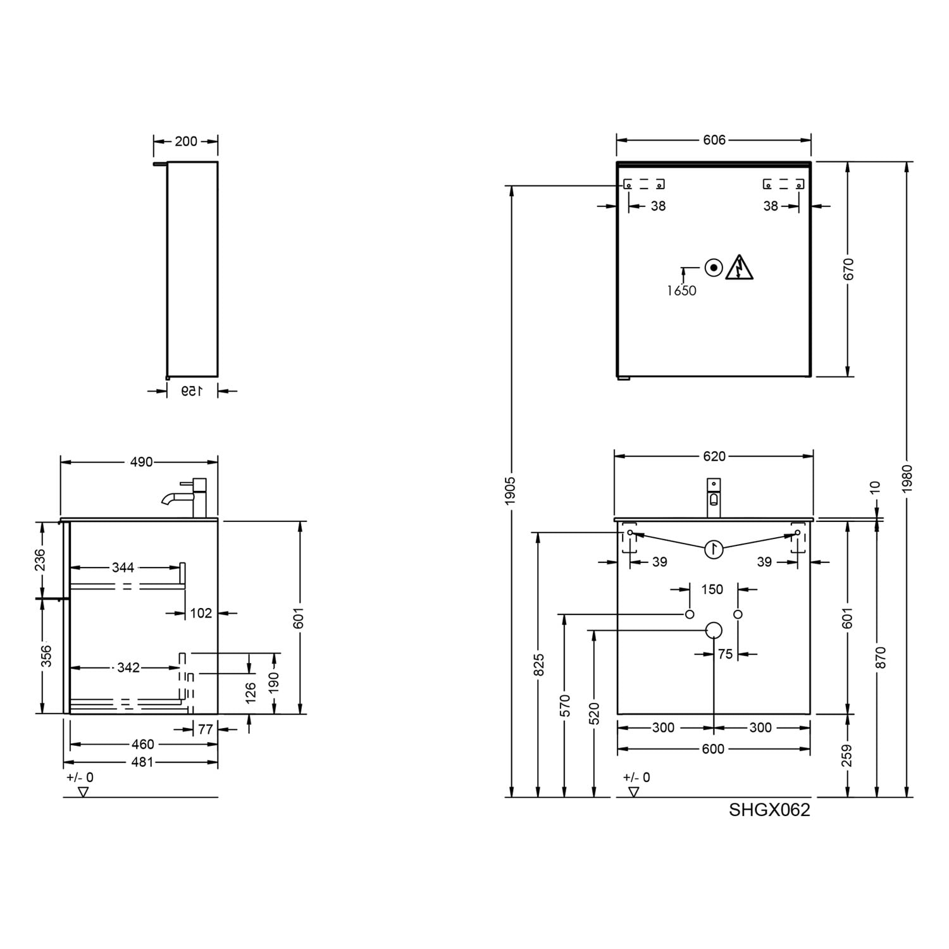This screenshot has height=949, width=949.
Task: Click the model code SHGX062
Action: click(769, 810)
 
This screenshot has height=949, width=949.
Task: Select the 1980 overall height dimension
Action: click(908, 479)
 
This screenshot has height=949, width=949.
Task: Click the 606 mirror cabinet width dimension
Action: click(714, 140)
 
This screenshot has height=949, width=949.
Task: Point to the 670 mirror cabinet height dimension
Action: click(848, 269)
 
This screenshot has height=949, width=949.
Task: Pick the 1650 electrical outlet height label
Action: click(681, 290)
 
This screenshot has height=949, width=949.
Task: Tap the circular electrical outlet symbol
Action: click(714, 268)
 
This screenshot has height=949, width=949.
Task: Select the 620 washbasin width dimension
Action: click(714, 456)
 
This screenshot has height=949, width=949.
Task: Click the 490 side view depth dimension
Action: click(141, 462)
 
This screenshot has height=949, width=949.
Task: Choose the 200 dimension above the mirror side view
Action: click(186, 141)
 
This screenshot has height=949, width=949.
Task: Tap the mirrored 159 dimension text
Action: click(191, 391)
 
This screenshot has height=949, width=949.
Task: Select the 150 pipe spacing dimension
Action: click(712, 590)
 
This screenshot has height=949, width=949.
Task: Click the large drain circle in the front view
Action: click(714, 630)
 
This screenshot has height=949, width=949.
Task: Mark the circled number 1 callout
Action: click(714, 549)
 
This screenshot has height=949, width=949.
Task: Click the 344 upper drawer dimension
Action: click(123, 568)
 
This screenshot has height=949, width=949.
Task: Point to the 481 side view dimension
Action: click(142, 762)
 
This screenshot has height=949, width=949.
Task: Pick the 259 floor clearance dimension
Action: click(848, 755)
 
